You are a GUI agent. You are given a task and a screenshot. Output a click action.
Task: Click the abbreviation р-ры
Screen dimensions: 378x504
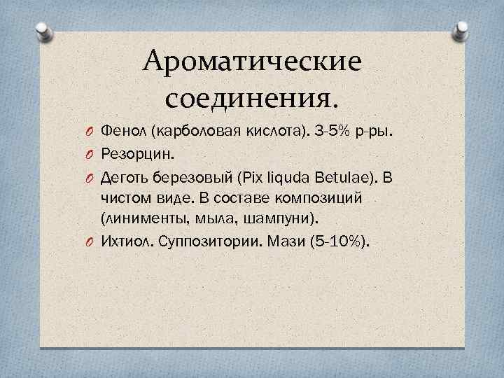pyautogui.click(x=374, y=132)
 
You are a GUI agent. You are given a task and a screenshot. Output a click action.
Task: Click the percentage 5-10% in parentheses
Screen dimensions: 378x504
pyautogui.click(x=344, y=241)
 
